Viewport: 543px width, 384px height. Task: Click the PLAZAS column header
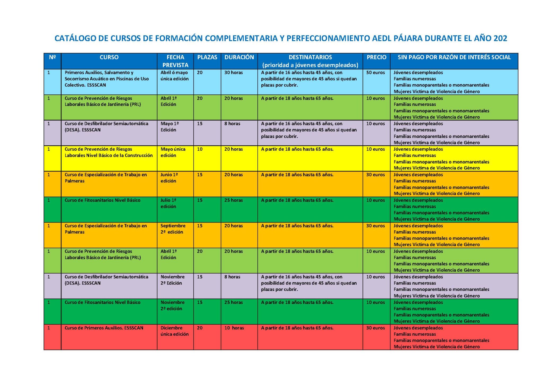[x=207, y=57]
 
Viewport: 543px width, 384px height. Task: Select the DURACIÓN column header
[x=239, y=57]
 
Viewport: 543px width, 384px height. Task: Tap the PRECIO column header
[x=376, y=57]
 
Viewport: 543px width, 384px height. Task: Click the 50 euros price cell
[x=375, y=73]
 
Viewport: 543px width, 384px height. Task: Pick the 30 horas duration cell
[x=233, y=73]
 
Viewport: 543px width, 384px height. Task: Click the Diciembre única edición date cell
[x=174, y=331]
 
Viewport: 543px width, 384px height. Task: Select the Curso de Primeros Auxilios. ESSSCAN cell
[x=104, y=328]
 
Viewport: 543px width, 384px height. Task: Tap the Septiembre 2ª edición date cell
[x=173, y=229]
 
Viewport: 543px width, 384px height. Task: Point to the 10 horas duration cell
[x=234, y=328]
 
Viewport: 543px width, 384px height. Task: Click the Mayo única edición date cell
[x=173, y=152]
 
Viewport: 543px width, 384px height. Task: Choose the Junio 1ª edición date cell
[x=169, y=178]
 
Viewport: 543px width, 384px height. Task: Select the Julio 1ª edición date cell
[x=168, y=203]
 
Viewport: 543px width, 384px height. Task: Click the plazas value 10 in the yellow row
[x=200, y=149]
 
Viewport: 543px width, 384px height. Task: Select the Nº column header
[x=52, y=57]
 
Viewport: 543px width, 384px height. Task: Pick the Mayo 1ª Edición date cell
[x=169, y=127]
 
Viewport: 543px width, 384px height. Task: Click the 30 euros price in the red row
[x=375, y=328]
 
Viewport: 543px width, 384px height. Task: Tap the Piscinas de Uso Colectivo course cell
[x=107, y=79]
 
